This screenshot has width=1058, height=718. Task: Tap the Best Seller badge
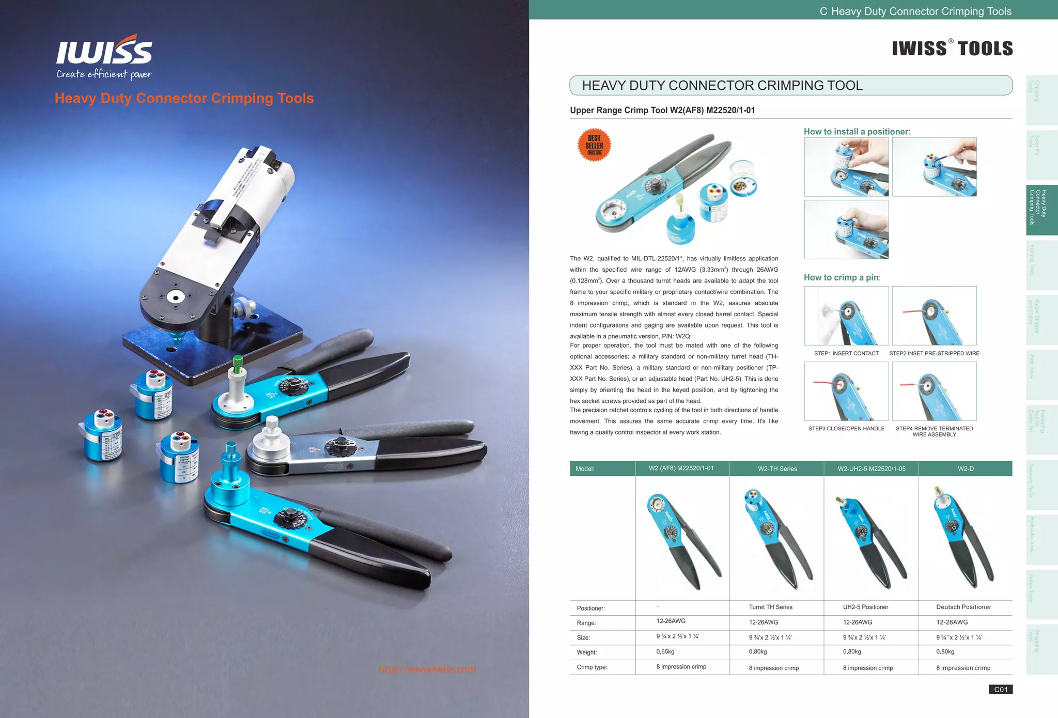pyautogui.click(x=594, y=145)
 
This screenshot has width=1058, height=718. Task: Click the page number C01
pyautogui.click(x=1001, y=690)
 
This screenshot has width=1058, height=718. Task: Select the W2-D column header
pyautogui.click(x=965, y=469)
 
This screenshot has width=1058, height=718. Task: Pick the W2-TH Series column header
pyautogui.click(x=777, y=469)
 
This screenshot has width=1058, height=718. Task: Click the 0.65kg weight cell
pyautogui.click(x=666, y=652)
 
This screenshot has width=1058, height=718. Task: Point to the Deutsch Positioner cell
pyautogui.click(x=963, y=607)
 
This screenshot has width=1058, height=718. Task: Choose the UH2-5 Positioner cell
pyautogui.click(x=865, y=607)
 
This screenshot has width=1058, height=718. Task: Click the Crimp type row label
pyautogui.click(x=592, y=667)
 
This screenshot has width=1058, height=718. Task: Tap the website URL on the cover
pyautogui.click(x=427, y=669)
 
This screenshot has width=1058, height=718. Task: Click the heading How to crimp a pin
pyautogui.click(x=842, y=277)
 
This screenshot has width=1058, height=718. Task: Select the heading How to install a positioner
pyautogui.click(x=857, y=132)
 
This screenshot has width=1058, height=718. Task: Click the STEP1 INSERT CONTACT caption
pyautogui.click(x=846, y=353)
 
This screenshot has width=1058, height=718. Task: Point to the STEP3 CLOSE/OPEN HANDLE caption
pyautogui.click(x=846, y=429)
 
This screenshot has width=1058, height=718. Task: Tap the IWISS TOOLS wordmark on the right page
pyautogui.click(x=952, y=49)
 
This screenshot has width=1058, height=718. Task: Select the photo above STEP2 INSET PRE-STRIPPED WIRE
pyautogui.click(x=934, y=316)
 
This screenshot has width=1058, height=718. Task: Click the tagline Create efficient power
pyautogui.click(x=104, y=74)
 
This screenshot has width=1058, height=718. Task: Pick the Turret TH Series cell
pyautogui.click(x=770, y=607)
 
